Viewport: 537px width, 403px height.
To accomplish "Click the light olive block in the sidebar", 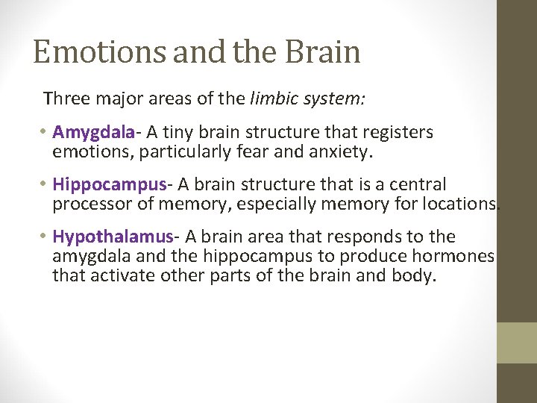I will (516, 343).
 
